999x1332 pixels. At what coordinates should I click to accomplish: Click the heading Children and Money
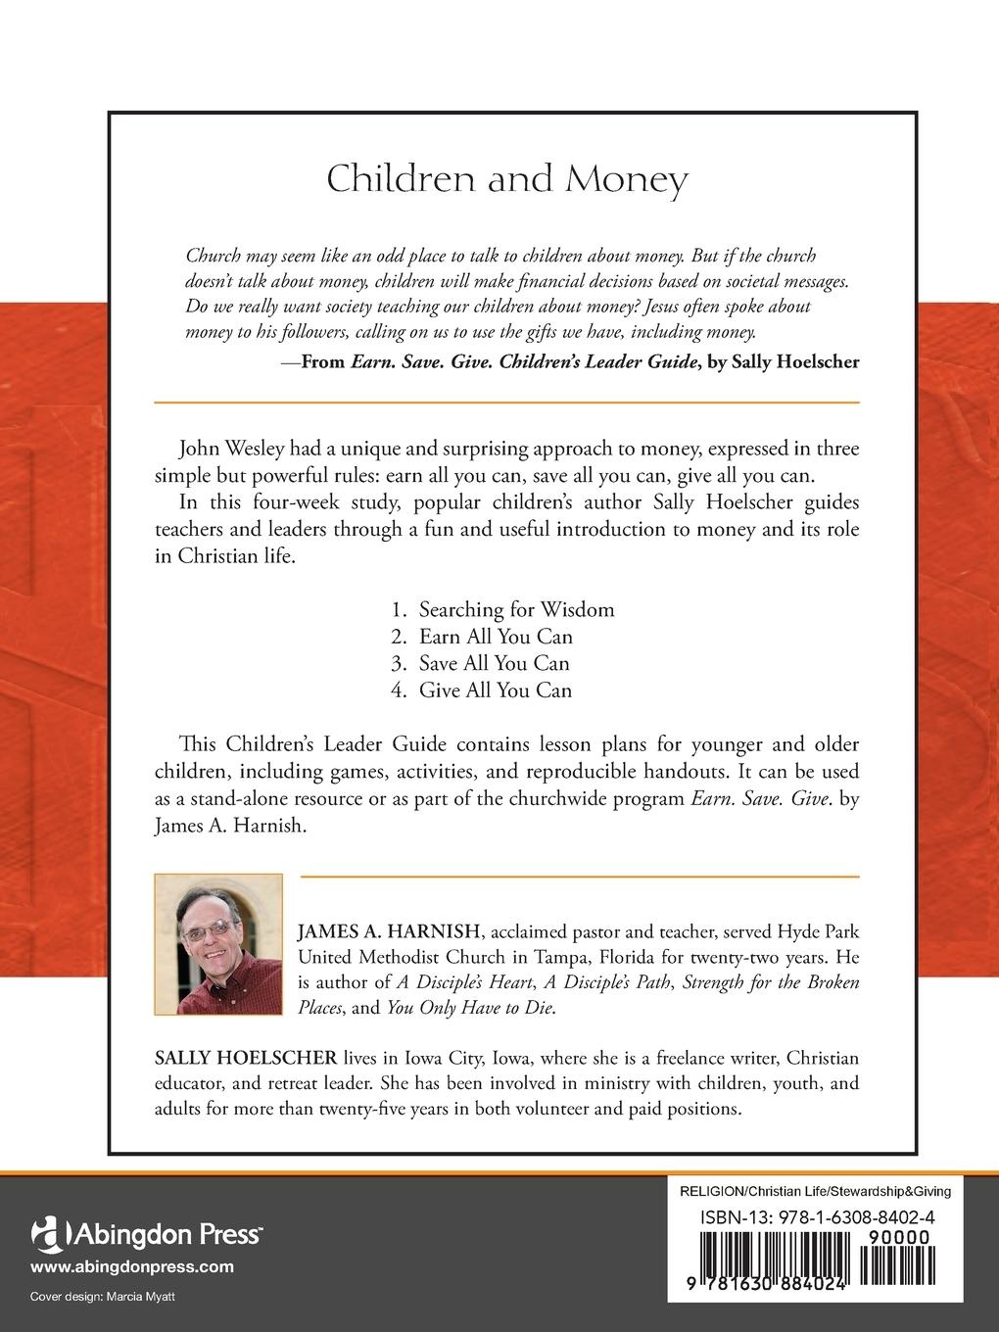point(506,180)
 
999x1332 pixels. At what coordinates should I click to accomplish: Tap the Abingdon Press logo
point(146,1232)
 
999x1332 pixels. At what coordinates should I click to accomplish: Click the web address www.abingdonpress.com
point(132,1266)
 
